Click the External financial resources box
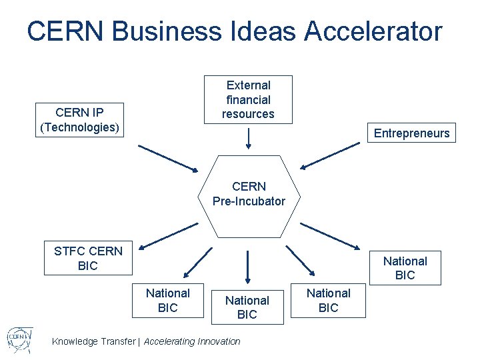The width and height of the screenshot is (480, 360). [x=248, y=99]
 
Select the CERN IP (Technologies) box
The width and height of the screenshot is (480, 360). [x=80, y=120]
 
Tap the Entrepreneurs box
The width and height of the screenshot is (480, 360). [x=411, y=133]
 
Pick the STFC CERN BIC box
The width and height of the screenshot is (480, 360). [x=88, y=258]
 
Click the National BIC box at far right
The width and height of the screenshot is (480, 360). [x=405, y=268]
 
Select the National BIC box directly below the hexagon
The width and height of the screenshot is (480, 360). [x=247, y=307]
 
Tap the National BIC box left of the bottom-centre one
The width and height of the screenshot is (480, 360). [x=167, y=300]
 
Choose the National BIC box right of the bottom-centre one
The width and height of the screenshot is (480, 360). [x=328, y=300]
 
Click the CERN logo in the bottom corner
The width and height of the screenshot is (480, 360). [x=21, y=339]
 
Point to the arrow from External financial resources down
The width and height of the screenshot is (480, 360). [x=248, y=138]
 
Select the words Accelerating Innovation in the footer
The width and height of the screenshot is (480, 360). [x=192, y=341]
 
